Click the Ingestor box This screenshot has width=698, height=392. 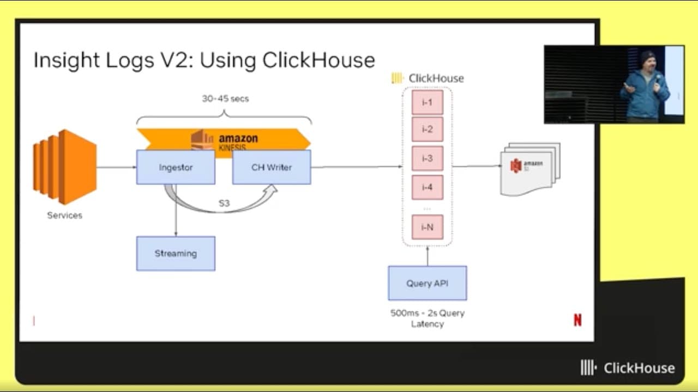176,167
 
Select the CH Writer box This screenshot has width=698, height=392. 272,167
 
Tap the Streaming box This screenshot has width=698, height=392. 176,253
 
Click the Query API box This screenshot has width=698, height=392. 427,283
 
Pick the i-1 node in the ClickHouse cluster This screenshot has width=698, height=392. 427,102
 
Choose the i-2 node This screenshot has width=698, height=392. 427,129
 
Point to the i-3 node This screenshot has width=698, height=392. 427,158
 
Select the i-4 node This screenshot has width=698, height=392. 427,187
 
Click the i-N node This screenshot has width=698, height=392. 427,227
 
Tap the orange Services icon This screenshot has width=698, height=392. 64,167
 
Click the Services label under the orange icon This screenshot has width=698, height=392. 64,216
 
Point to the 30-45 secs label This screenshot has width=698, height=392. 225,99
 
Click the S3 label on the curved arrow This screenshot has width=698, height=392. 224,204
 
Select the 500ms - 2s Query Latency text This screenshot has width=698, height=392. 428,318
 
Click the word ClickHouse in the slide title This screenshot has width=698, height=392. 318,60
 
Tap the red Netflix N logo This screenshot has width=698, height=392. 577,321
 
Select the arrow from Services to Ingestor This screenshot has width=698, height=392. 116,167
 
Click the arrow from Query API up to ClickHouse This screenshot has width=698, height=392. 428,256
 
